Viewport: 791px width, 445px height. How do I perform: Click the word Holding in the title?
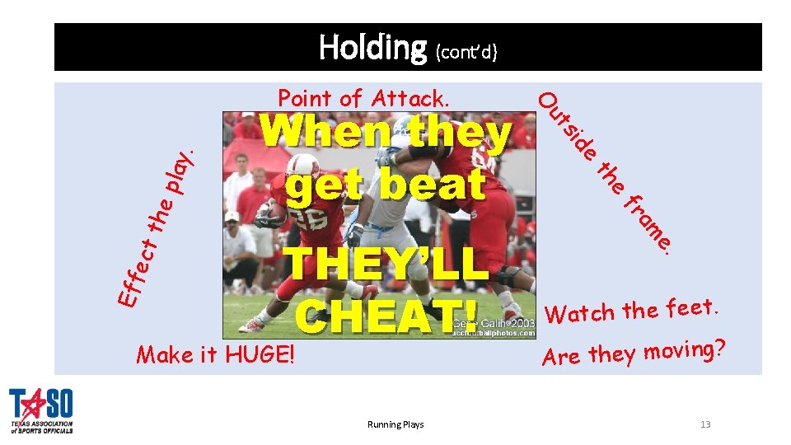coord(372,47)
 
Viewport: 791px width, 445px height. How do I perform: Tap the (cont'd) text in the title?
coord(466,52)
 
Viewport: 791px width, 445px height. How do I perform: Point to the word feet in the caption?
coord(691,307)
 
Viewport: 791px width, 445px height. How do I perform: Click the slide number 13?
coord(704,424)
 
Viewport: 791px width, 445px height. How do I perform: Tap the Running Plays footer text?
coord(395,424)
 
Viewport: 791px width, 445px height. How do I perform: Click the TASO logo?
coord(41,410)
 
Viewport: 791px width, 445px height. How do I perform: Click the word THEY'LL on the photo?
coord(381,265)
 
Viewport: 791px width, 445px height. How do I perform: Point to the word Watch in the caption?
coord(582,312)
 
